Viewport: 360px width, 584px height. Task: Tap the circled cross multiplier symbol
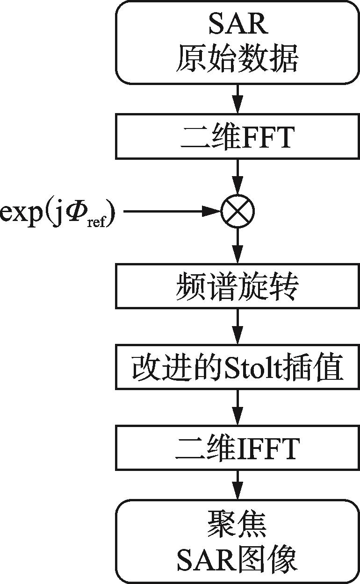pos(237,212)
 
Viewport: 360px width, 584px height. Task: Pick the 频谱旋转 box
pos(237,287)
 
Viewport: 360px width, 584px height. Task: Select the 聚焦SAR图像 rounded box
pos(237,541)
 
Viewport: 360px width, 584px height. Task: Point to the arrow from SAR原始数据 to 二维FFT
pos(237,99)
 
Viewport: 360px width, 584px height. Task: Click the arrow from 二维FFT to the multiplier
pos(237,178)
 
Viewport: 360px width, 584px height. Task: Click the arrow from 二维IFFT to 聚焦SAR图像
pos(237,486)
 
